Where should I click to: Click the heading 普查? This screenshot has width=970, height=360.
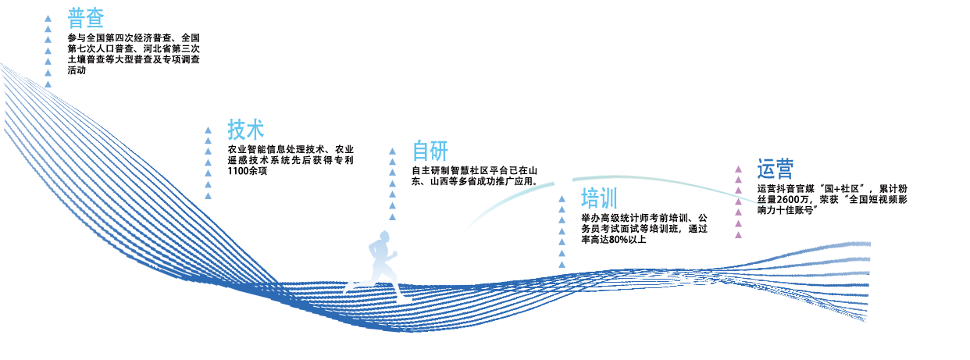tap(86, 18)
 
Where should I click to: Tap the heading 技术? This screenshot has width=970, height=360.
tap(245, 129)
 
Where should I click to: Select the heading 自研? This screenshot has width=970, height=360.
tap(430, 151)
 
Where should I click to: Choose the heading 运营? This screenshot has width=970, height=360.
tap(775, 169)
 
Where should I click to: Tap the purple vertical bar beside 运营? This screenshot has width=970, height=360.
tap(737, 199)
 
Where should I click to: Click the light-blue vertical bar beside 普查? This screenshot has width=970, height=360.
tap(48, 51)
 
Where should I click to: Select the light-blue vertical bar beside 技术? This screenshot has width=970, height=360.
tap(209, 162)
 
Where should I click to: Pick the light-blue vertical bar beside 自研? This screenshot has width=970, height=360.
tap(392, 183)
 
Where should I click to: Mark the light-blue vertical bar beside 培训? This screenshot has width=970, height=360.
tap(562, 230)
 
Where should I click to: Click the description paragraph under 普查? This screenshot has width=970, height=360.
tap(134, 53)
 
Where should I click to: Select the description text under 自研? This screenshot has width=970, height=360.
tap(474, 175)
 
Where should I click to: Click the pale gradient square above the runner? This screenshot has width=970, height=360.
tap(379, 255)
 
